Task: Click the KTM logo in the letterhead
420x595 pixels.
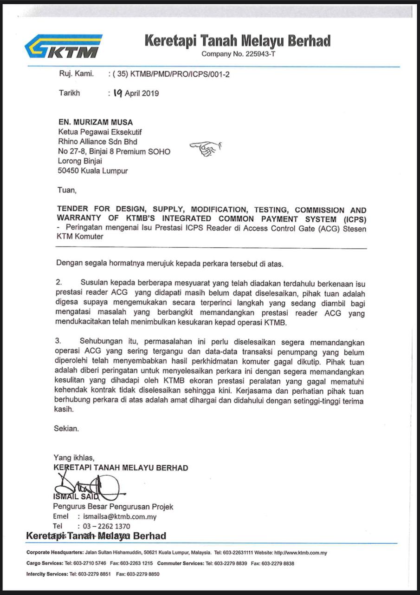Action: point(63,46)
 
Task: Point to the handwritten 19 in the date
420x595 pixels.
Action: point(117,93)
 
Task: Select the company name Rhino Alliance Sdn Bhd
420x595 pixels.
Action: point(97,142)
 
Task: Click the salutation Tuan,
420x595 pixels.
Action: point(66,190)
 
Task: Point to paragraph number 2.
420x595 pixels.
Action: point(58,283)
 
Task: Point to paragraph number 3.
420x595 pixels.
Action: point(58,341)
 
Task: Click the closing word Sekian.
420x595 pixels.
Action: point(66,429)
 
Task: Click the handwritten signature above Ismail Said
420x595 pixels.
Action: point(88,486)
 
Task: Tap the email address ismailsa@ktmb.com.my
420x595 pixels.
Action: point(119,516)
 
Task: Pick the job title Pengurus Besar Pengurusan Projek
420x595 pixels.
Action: point(113,507)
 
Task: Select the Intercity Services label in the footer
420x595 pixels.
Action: point(47,574)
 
